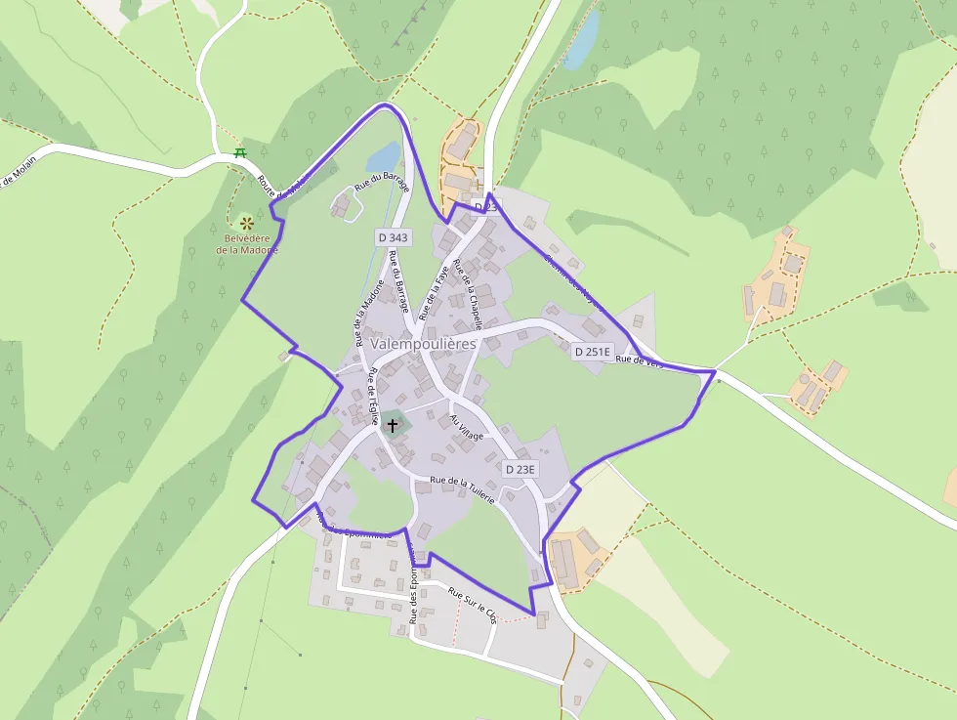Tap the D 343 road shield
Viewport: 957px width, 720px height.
[392, 237]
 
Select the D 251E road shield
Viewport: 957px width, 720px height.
[592, 352]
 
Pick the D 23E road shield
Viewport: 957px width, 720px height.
[520, 469]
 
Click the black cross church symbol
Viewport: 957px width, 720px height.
[393, 425]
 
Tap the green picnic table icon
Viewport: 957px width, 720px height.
[239, 153]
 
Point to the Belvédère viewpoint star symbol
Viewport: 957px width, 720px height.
[246, 223]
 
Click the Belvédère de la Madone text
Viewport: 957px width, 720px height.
[246, 243]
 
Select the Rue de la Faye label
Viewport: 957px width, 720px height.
[432, 290]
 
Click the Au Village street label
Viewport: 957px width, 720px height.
[466, 427]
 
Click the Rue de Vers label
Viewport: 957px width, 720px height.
[640, 360]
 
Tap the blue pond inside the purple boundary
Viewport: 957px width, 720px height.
[383, 156]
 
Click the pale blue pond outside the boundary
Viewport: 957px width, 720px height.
[581, 40]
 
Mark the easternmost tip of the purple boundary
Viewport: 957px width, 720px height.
[715, 371]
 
